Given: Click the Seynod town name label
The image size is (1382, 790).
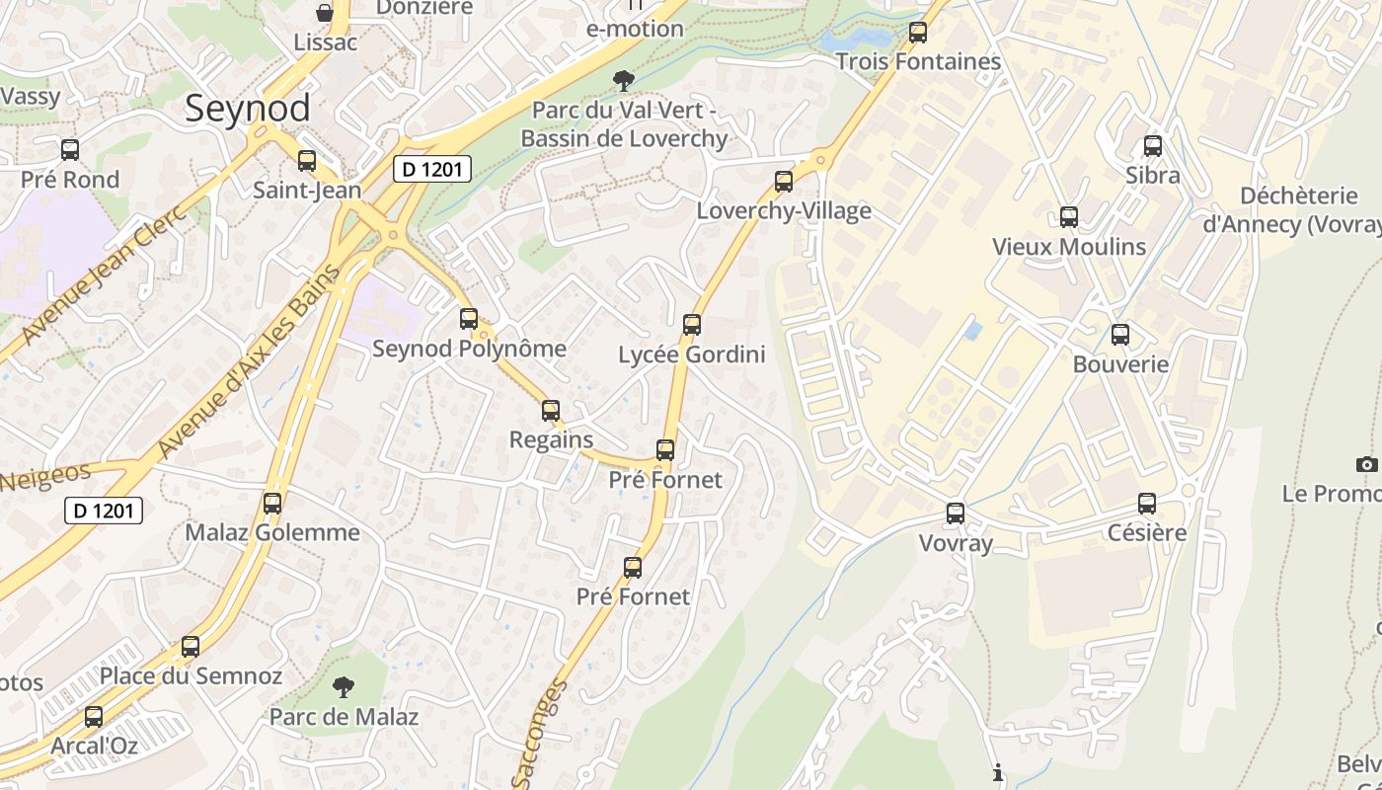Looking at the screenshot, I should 247,108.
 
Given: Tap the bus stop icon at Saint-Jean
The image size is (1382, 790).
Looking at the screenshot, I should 307,161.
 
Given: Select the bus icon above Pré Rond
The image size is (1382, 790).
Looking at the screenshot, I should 70,150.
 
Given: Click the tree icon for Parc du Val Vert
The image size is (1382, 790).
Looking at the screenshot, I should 623,80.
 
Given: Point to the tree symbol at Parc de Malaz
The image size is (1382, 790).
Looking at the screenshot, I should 344,686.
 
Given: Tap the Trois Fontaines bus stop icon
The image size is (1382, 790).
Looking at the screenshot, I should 918,33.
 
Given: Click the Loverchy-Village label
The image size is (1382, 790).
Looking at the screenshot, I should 784,210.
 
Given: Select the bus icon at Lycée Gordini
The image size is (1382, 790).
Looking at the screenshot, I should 692,325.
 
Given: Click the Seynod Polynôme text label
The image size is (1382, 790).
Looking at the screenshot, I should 469,349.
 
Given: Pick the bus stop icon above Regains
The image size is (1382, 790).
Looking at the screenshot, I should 551,411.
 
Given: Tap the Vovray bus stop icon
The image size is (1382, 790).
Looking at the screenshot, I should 956,513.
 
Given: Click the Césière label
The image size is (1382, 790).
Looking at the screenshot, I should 1146,533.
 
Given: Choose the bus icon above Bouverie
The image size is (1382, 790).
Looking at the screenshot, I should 1120,335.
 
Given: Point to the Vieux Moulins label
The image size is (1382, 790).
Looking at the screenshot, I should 1069,247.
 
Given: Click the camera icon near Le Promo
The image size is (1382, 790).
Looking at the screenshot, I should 1366,464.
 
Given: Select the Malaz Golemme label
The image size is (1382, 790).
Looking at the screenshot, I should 272,533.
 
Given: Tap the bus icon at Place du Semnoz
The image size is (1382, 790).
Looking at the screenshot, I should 191,648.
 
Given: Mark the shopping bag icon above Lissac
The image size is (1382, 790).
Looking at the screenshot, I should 325,13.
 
